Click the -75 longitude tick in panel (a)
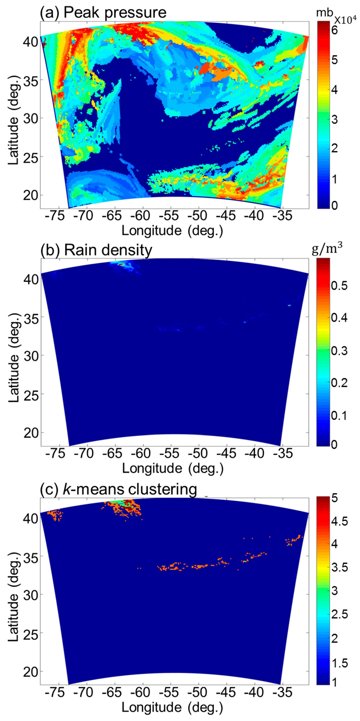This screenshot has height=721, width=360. tap(57, 216)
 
